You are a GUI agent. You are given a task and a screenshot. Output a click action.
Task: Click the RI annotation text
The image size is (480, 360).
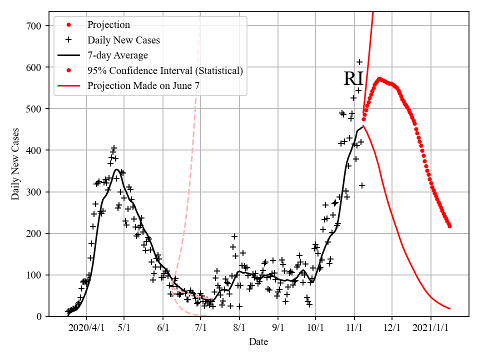[x=353, y=79]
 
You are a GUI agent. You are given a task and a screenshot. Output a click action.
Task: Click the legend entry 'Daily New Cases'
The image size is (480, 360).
[x=123, y=40]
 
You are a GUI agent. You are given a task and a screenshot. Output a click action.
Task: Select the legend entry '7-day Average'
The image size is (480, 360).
[x=117, y=55]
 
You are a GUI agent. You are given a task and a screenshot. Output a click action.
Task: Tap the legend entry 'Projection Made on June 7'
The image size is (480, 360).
[x=143, y=85]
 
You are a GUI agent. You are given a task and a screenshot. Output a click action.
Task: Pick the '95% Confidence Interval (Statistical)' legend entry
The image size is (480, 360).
[x=165, y=70]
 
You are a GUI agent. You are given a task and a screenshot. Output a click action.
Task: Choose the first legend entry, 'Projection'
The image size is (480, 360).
[x=108, y=25]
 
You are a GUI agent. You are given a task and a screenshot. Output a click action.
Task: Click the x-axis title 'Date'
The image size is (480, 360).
[x=258, y=342]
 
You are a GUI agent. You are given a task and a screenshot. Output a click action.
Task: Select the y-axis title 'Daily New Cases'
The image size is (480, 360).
[x=15, y=164]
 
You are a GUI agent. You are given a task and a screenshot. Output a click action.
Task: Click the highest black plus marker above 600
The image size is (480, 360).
[x=359, y=62]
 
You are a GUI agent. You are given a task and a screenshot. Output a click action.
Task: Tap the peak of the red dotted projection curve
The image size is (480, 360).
[x=379, y=78]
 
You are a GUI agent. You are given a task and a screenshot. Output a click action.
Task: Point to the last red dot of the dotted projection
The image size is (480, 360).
[x=449, y=226]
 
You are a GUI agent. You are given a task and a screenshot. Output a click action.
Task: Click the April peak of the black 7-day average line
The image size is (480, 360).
[x=116, y=169]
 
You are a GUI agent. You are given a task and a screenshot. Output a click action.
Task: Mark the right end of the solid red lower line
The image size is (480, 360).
[x=450, y=308]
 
